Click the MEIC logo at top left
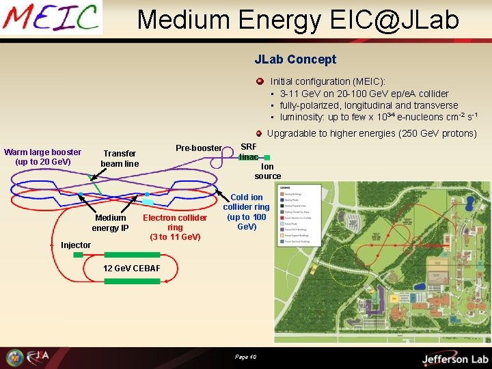point(51,18)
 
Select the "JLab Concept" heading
point(295,59)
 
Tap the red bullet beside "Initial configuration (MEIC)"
point(260,81)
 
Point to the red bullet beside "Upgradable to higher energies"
point(259,133)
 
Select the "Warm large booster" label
point(42,157)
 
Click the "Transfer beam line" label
point(120,159)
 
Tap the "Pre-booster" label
point(199,148)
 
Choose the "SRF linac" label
point(249,151)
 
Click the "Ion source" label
point(267,171)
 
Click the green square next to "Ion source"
point(266,158)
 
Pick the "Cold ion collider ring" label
point(246,212)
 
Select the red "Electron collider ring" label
point(175,227)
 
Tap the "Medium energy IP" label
point(110,223)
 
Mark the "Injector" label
point(76,245)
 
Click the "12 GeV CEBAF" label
point(131,268)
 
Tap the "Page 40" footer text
point(245,357)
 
